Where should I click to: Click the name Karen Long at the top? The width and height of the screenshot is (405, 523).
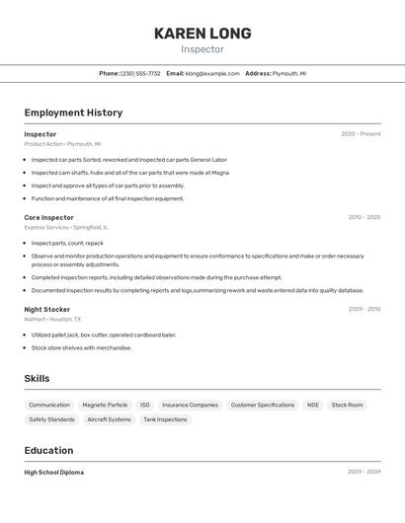[202, 34]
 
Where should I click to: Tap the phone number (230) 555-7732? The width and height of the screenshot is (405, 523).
[140, 73]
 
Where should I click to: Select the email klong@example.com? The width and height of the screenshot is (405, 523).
[212, 73]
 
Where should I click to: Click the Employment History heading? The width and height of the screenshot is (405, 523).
[73, 112]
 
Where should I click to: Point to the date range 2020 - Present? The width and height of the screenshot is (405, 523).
[361, 134]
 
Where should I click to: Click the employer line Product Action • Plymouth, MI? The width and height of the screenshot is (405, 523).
[62, 144]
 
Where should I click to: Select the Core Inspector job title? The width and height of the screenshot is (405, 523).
[49, 217]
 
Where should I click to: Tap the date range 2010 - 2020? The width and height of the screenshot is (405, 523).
[364, 217]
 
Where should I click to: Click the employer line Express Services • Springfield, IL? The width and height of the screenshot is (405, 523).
[66, 227]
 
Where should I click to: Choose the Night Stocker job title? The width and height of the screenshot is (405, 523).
[47, 309]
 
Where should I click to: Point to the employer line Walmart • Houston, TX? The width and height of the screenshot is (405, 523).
[53, 319]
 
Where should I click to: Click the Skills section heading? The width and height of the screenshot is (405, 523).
[37, 379]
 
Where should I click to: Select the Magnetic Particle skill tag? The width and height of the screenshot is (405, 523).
[105, 405]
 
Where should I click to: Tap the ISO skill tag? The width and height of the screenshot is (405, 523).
[145, 405]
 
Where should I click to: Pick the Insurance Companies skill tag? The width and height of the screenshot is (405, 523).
[190, 405]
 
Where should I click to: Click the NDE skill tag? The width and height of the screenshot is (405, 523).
[312, 405]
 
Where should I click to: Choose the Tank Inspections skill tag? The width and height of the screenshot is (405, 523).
[165, 419]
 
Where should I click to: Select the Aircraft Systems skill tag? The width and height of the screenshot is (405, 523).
[109, 419]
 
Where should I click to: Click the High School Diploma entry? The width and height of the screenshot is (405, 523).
[54, 473]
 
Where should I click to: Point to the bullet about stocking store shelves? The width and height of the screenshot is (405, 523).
[81, 347]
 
